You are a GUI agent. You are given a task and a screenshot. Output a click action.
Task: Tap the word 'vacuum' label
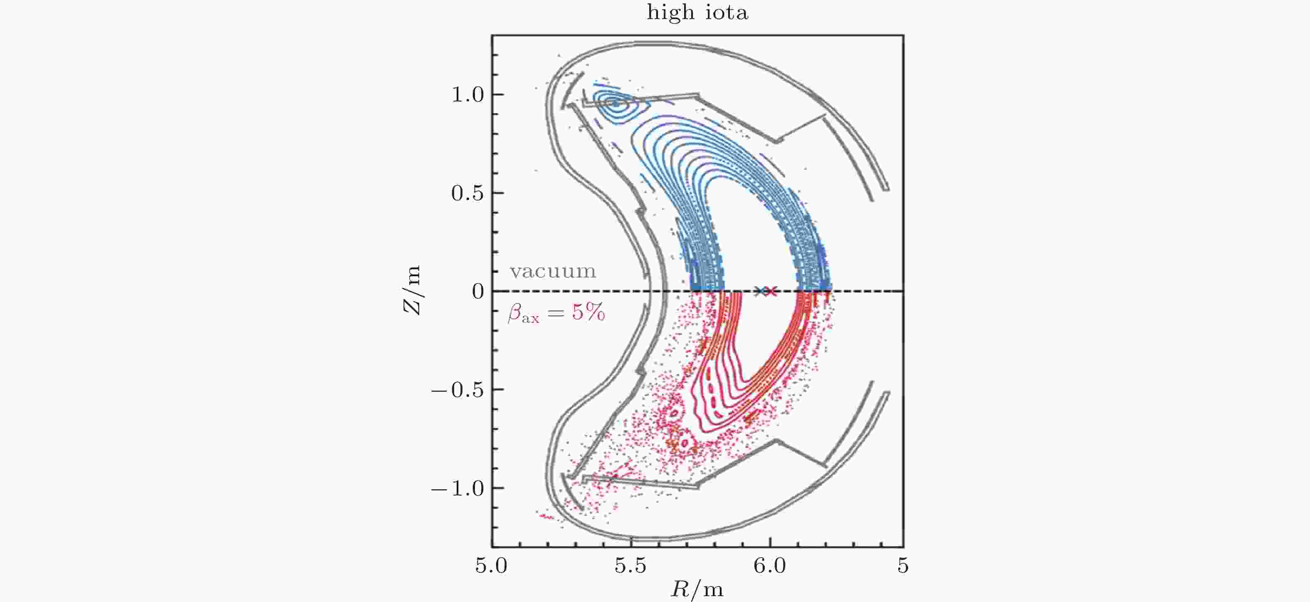(x=553, y=271)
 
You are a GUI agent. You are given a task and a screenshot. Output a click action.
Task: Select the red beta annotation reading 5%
(x=556, y=313)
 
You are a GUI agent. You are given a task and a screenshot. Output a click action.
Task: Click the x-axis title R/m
(x=697, y=590)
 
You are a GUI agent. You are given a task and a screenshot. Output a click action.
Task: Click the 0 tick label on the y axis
(x=477, y=292)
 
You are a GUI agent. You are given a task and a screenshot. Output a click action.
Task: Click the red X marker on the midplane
(x=771, y=291)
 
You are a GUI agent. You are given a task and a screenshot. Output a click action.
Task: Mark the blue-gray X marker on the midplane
(x=760, y=291)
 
